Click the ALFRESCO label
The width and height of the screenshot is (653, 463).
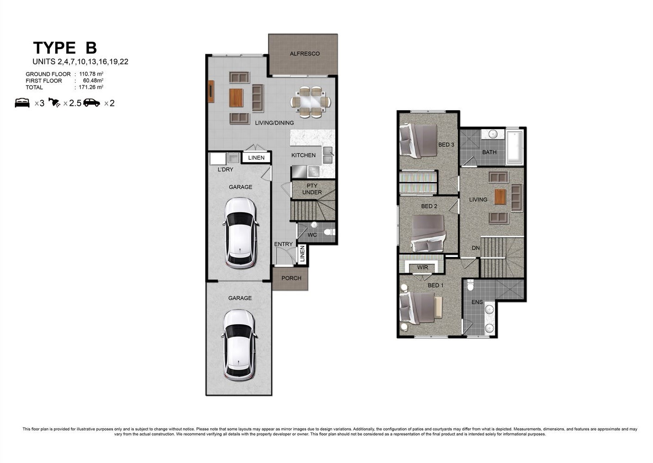click(305, 54)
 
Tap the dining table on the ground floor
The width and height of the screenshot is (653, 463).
click(311, 102)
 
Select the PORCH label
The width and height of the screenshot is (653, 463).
click(291, 278)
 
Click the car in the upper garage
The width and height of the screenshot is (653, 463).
click(240, 233)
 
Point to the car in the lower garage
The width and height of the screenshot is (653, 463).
click(239, 345)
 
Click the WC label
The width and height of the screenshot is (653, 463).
click(312, 235)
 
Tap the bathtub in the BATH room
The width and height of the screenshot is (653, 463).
click(515, 148)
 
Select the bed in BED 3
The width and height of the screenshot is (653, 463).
click(419, 141)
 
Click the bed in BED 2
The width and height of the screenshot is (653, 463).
click(428, 233)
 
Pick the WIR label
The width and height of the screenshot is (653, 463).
click(422, 267)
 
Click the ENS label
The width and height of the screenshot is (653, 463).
click(477, 302)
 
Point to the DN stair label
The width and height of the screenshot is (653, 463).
click(476, 248)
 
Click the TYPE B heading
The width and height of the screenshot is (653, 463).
click(65, 48)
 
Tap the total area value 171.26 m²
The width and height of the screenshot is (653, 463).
click(91, 87)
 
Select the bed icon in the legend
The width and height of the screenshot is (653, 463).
click(22, 103)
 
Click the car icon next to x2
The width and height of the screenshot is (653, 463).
click(92, 103)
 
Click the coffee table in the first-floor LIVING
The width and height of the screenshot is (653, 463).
click(500, 197)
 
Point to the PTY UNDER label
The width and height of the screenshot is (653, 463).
click(312, 189)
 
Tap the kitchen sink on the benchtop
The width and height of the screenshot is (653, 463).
click(328, 155)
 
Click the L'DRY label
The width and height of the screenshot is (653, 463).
click(226, 169)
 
